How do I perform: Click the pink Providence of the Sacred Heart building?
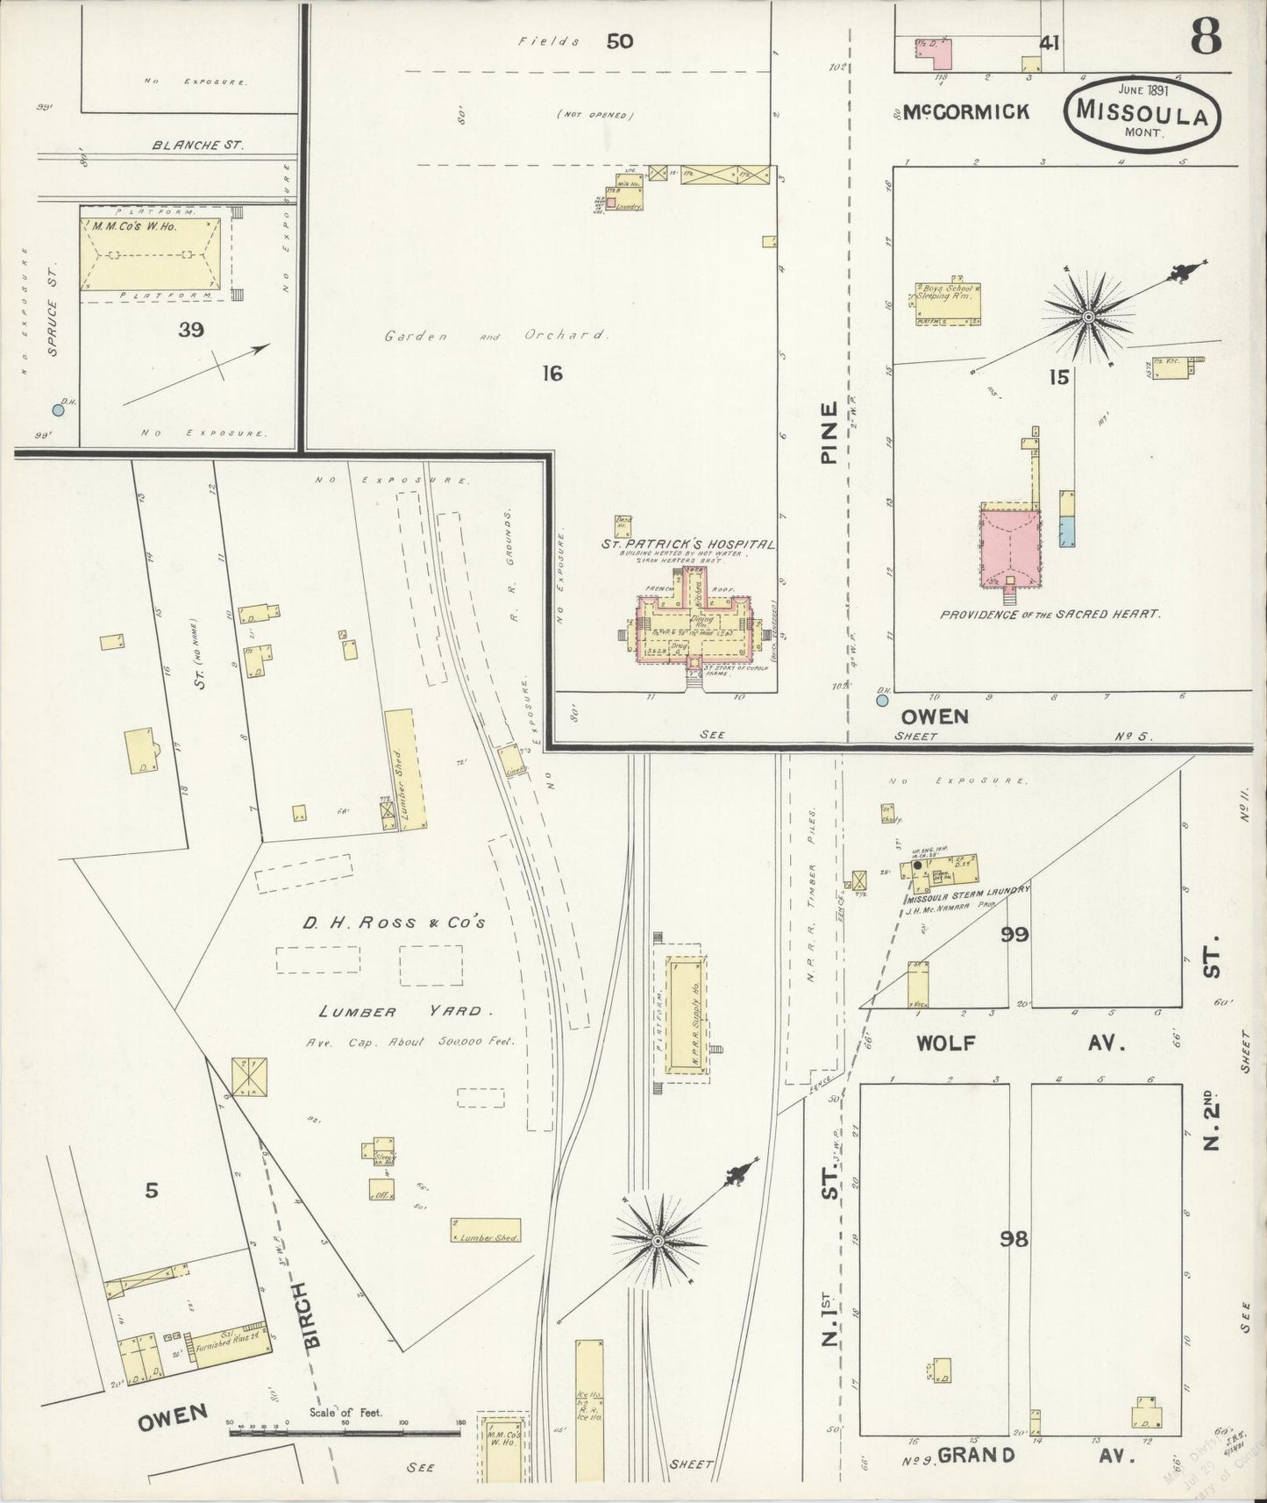click(x=1010, y=545)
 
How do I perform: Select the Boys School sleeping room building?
click(x=947, y=304)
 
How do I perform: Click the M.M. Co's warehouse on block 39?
click(x=149, y=254)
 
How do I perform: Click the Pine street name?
click(x=829, y=431)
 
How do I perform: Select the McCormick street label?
click(x=964, y=112)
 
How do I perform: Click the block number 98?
click(x=1016, y=1239)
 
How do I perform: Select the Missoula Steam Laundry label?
click(x=967, y=890)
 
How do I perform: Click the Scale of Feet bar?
click(x=344, y=1433)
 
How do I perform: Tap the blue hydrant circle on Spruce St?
click(x=58, y=410)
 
